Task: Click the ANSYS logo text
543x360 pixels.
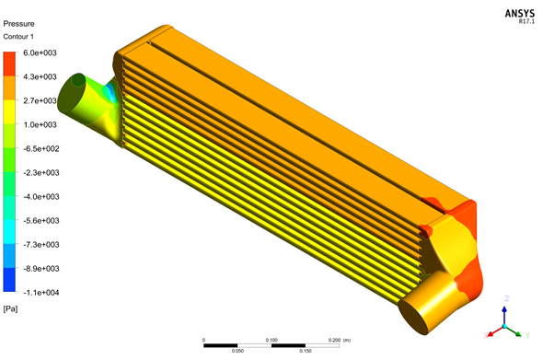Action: pos(519,14)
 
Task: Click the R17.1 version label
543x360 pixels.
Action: pos(526,21)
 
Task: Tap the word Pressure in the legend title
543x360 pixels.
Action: pos(18,24)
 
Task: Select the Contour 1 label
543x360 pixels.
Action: pos(18,37)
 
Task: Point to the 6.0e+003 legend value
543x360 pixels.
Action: pos(40,52)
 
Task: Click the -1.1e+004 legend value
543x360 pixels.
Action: pos(41,293)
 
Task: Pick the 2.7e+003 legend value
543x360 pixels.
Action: pos(40,100)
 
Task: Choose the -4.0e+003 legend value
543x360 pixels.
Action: pos(41,196)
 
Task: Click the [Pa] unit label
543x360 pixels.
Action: pos(10,308)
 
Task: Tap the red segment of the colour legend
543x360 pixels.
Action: pos(9,64)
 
